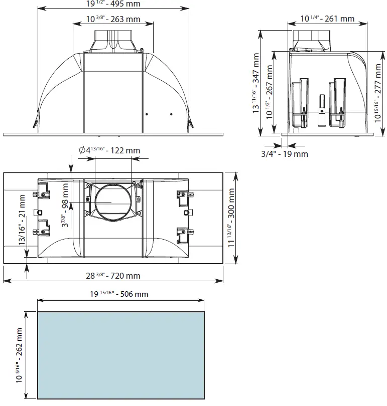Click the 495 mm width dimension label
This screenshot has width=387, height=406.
(x=113, y=4)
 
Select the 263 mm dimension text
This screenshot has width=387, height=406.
(x=113, y=19)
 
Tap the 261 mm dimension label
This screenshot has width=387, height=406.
(x=327, y=19)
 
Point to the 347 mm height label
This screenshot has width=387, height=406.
(x=256, y=83)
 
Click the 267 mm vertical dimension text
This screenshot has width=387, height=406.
(x=270, y=92)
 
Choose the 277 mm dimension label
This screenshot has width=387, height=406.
(x=377, y=93)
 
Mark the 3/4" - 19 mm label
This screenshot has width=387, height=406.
(x=285, y=154)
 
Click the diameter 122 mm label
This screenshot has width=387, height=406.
(x=109, y=150)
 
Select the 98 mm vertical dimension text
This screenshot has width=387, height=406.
(x=65, y=205)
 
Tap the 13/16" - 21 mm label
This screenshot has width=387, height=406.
(x=22, y=220)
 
